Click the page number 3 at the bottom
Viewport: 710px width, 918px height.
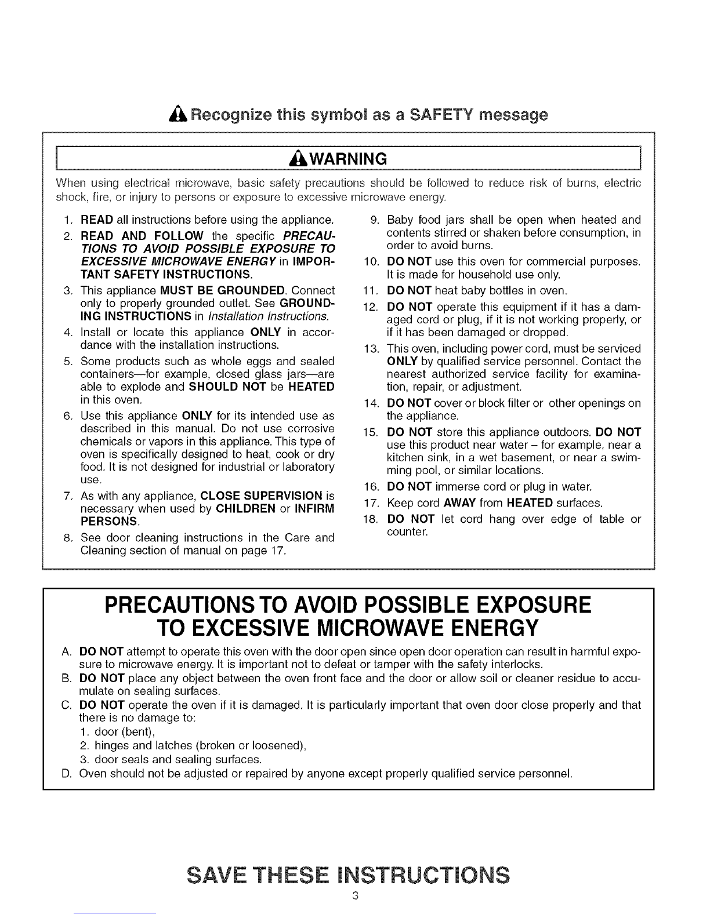click(355, 896)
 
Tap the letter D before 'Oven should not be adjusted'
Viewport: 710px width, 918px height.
click(66, 773)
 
